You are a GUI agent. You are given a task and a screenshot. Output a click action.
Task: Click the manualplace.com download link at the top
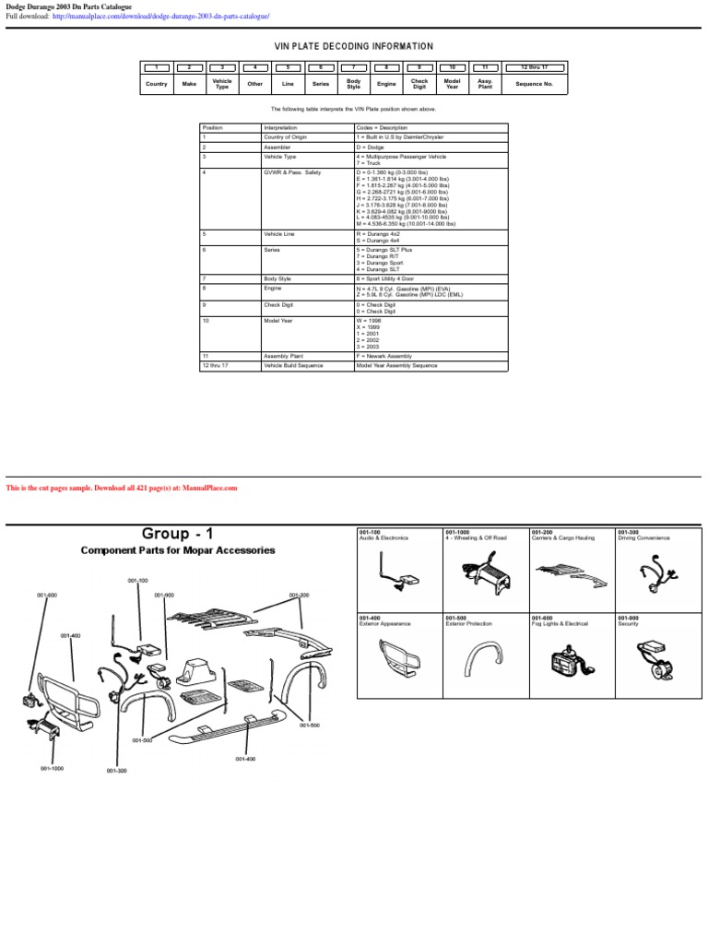coord(160,17)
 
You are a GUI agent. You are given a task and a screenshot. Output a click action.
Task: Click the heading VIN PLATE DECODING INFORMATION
coord(354,46)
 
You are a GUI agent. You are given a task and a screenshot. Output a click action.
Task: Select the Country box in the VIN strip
coord(156,84)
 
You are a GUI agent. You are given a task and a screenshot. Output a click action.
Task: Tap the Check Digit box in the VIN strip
coord(419,84)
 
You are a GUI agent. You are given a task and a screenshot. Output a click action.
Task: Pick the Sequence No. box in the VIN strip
coord(534,84)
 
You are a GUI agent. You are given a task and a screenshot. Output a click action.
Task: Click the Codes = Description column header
coord(382,127)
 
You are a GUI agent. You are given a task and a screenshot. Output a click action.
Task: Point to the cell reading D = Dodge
coord(370,147)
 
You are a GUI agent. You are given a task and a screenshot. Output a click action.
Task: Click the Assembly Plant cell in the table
coord(284,355)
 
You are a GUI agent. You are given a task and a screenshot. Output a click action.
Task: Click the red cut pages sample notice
coord(122,488)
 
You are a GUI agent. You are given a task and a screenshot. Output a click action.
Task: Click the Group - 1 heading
coord(177,534)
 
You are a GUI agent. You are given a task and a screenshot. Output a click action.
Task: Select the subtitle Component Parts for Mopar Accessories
coord(177,550)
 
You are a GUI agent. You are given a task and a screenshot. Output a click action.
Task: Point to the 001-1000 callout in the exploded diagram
coord(52,767)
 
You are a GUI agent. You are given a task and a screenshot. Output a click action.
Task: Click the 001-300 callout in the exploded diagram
coord(116,772)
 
